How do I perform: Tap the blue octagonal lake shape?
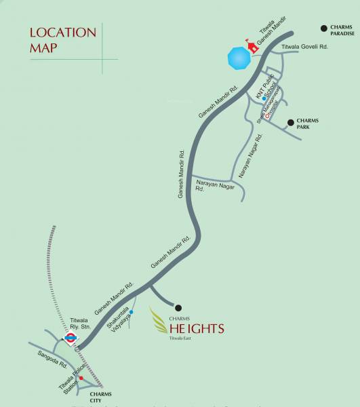pos(239,57)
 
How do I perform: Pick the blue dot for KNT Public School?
pos(264,99)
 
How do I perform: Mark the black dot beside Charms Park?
pos(290,123)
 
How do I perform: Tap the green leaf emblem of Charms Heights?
pos(159,324)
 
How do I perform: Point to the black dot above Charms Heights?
pos(179,307)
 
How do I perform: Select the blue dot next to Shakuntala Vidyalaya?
pos(132,312)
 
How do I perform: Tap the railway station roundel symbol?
pos(69,337)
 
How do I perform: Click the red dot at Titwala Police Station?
pos(81,377)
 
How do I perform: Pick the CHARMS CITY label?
pos(100,398)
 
